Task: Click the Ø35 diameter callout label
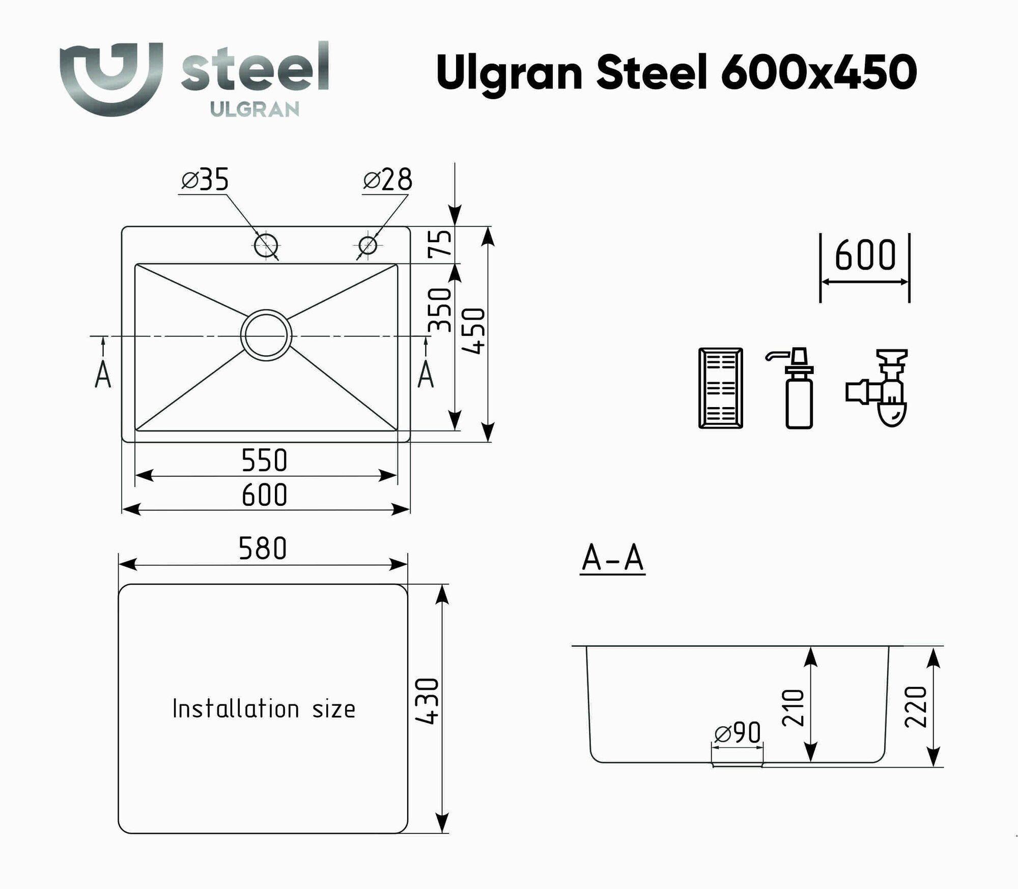point(205,180)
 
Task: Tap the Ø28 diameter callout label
point(387,180)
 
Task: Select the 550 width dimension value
point(264,460)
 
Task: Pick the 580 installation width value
point(263,549)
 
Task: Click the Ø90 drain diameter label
point(738,733)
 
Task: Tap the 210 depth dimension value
point(793,708)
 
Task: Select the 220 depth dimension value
point(916,707)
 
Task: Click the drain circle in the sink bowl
point(266,335)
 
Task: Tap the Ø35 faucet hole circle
point(266,246)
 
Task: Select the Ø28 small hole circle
point(367,246)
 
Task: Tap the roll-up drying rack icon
point(720,388)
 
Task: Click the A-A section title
point(612,559)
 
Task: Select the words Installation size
point(264,709)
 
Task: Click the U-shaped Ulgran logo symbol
point(111,79)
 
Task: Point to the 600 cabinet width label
point(865,255)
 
